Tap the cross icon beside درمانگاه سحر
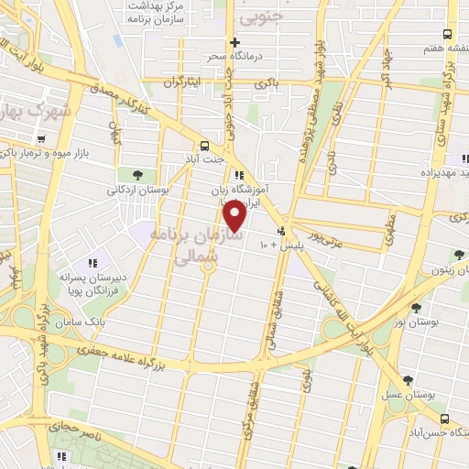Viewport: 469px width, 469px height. (235, 42)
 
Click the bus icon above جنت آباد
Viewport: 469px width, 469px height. (204, 145)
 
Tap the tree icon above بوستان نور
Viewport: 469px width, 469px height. (417, 309)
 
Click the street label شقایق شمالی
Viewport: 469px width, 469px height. (273, 307)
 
